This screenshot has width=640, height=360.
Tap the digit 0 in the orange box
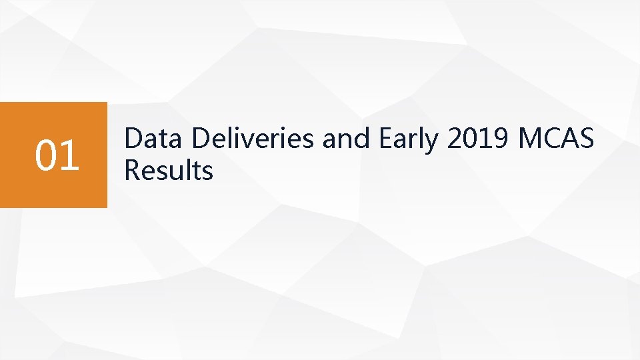[46, 155]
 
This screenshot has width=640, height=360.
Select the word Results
[169, 171]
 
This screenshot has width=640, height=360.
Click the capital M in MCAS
[530, 139]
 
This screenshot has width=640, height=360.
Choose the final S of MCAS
[585, 139]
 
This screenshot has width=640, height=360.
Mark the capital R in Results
[133, 171]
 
